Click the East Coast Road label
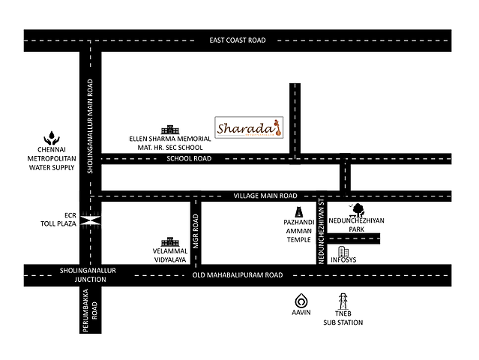pyautogui.click(x=238, y=40)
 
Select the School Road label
pyautogui.click(x=190, y=159)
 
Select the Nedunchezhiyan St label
pyautogui.click(x=320, y=232)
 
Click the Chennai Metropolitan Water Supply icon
pyautogui.click(x=51, y=137)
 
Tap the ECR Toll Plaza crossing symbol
pyautogui.click(x=91, y=220)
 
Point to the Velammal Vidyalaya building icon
pyautogui.click(x=172, y=243)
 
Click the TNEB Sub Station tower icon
pyautogui.click(x=343, y=301)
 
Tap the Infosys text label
pyautogui.click(x=343, y=260)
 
